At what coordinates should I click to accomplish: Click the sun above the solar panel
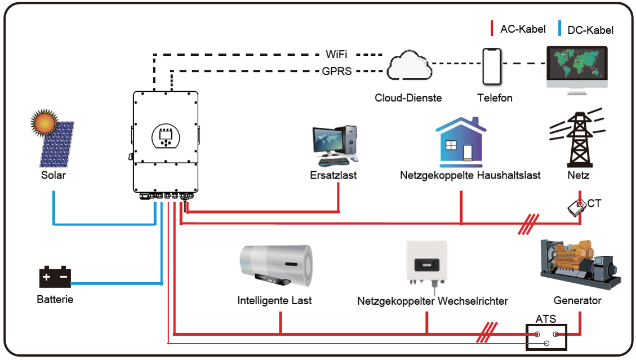(x=44, y=122)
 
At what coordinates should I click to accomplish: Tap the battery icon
(x=55, y=277)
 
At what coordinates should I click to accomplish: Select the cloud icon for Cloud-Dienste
(x=409, y=65)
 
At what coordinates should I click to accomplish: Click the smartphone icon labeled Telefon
(x=492, y=66)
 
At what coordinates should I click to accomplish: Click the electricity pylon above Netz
(x=578, y=138)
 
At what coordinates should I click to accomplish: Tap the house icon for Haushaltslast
(x=461, y=142)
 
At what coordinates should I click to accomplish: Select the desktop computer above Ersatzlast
(x=335, y=145)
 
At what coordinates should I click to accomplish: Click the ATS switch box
(x=546, y=337)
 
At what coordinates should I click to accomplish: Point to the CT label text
(x=594, y=203)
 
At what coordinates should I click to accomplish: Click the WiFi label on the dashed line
(x=336, y=54)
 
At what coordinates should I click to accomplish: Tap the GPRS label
(x=337, y=71)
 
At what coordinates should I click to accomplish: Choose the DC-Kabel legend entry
(x=586, y=29)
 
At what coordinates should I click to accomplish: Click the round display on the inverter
(x=166, y=137)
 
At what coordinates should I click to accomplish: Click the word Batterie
(x=55, y=300)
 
